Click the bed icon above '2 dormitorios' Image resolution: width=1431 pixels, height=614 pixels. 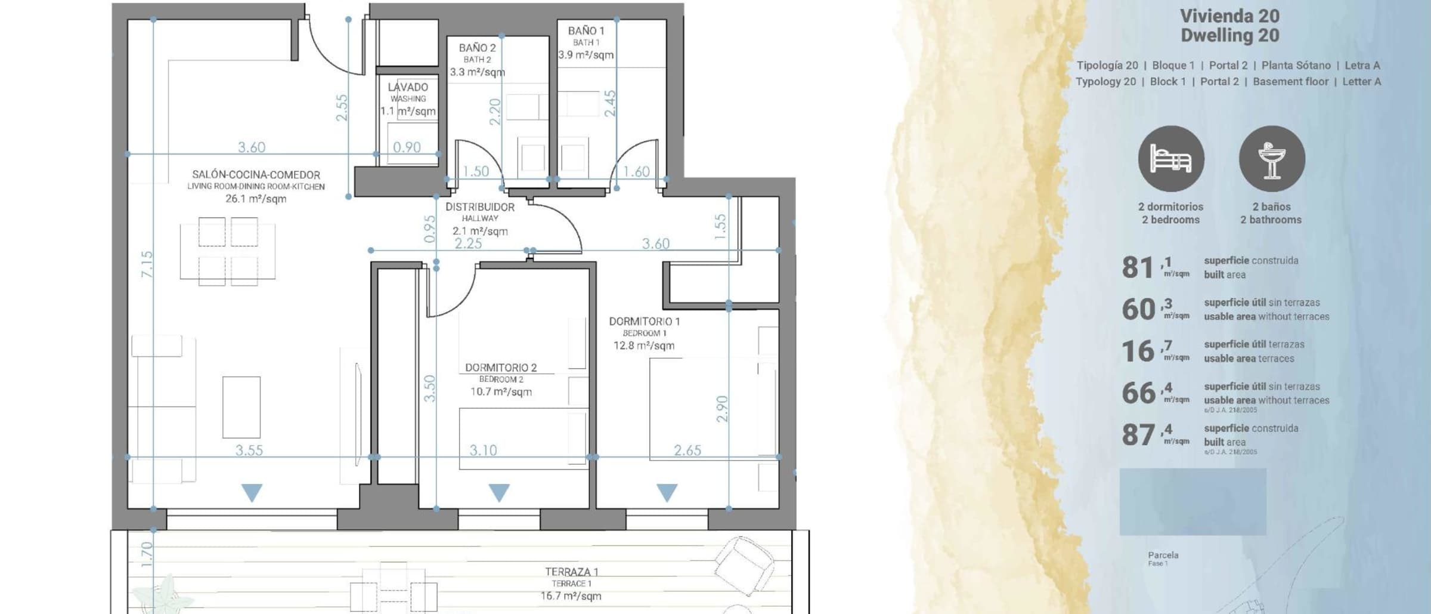click(x=1170, y=159)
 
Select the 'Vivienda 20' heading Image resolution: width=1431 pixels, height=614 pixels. click(x=1230, y=16)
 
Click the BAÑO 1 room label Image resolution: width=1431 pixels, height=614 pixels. click(x=586, y=30)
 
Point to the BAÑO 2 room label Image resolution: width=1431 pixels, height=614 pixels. click(x=477, y=48)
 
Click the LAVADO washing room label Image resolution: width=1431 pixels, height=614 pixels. click(x=408, y=87)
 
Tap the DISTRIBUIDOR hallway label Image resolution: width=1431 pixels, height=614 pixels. click(x=480, y=207)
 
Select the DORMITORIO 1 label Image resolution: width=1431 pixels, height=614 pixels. click(x=644, y=322)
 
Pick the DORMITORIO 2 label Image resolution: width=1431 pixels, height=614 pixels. click(x=501, y=368)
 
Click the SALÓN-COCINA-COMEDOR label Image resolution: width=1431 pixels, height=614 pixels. click(x=256, y=175)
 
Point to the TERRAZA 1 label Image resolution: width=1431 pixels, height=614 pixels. click(x=571, y=572)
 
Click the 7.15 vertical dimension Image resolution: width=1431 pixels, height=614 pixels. click(x=147, y=264)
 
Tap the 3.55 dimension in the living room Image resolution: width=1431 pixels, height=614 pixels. click(x=249, y=451)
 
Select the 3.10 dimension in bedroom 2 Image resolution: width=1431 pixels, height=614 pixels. click(x=483, y=451)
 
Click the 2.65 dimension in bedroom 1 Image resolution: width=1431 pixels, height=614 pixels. click(x=687, y=451)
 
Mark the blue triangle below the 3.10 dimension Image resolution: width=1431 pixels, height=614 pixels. click(x=499, y=492)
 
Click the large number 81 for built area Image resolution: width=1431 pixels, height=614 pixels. click(x=1138, y=268)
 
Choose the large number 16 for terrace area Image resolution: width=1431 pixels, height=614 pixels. click(x=1138, y=351)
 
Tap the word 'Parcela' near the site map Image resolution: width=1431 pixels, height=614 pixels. click(x=1163, y=555)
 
